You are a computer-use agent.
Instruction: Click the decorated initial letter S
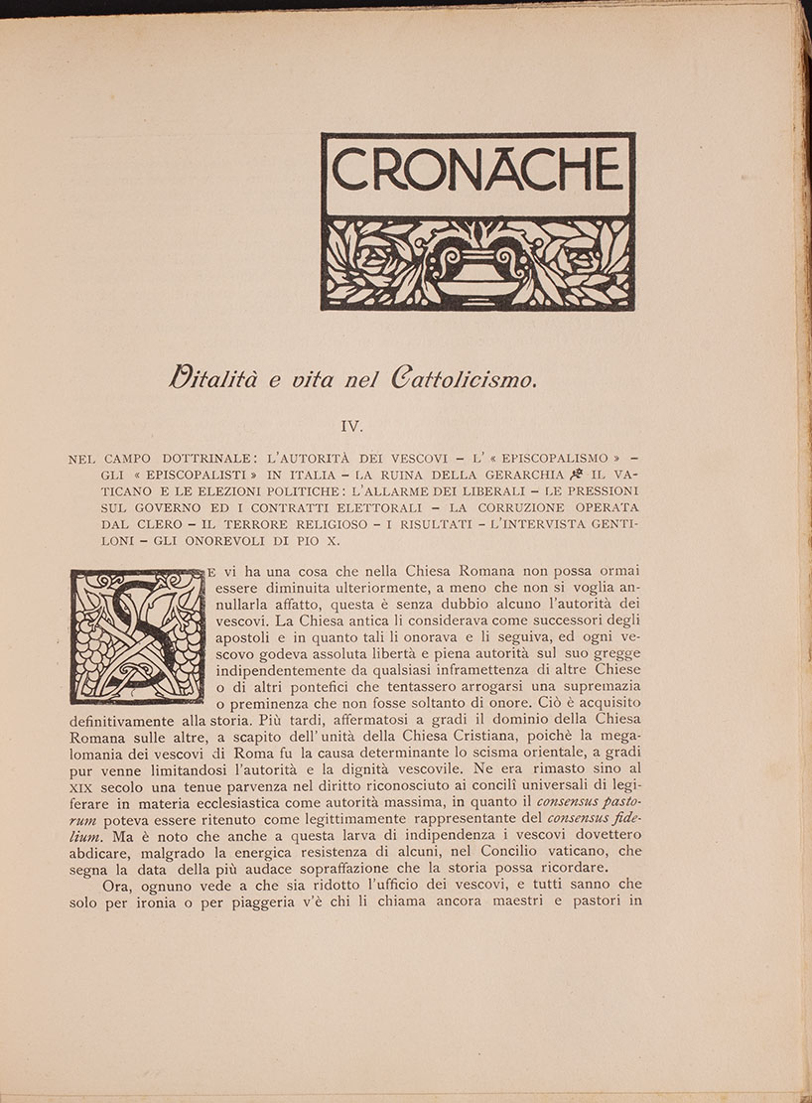(136, 635)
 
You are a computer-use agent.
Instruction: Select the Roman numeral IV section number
(354, 426)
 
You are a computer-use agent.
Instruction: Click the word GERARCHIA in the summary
(515, 476)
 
